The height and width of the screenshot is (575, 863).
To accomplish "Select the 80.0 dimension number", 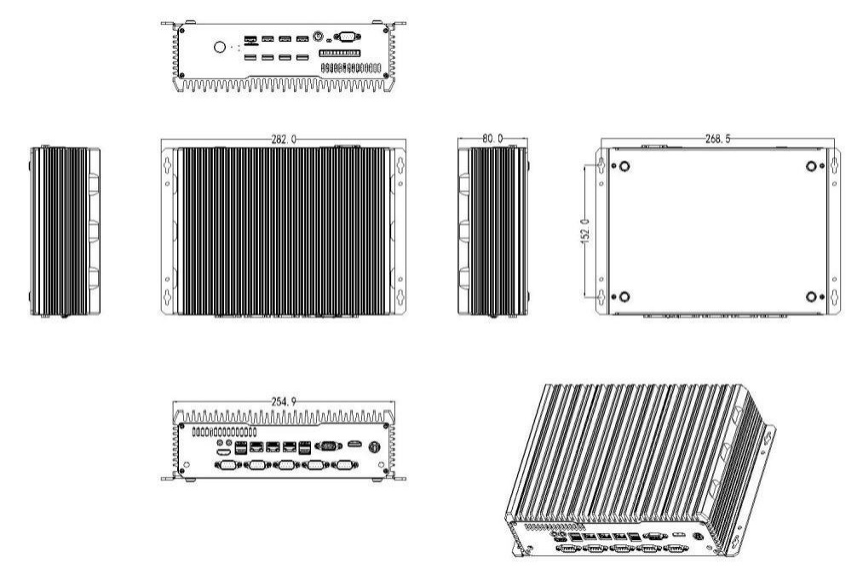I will coord(492,138).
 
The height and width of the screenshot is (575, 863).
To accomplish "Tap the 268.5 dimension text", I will coord(719,139).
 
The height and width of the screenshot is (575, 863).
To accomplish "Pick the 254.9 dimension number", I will coord(283,400).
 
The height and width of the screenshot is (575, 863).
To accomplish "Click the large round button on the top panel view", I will coord(220,47).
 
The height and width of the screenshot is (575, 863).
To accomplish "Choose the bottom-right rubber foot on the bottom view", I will coord(812,296).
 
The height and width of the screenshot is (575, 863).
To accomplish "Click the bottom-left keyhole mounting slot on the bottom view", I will coord(601,298).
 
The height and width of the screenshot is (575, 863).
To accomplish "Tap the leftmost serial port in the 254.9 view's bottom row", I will coord(227,465).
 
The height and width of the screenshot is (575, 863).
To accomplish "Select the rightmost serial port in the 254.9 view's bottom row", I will coord(343,465).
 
